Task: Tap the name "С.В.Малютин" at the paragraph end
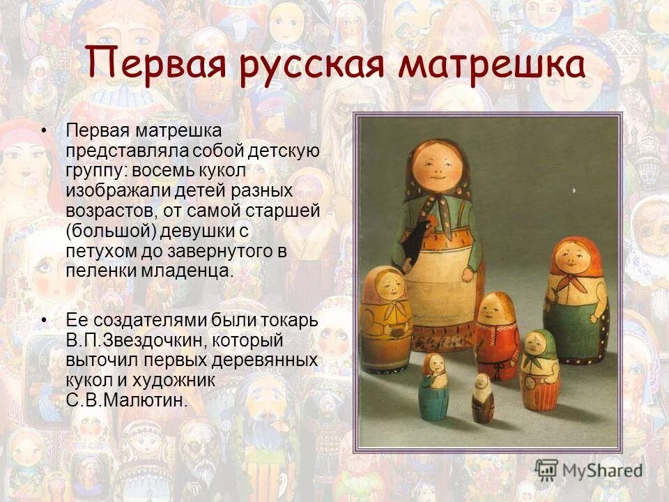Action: click(x=127, y=401)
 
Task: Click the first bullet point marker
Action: click(x=45, y=130)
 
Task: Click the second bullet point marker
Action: click(x=45, y=321)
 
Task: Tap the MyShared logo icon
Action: click(x=547, y=471)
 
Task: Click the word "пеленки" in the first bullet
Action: click(x=100, y=271)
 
